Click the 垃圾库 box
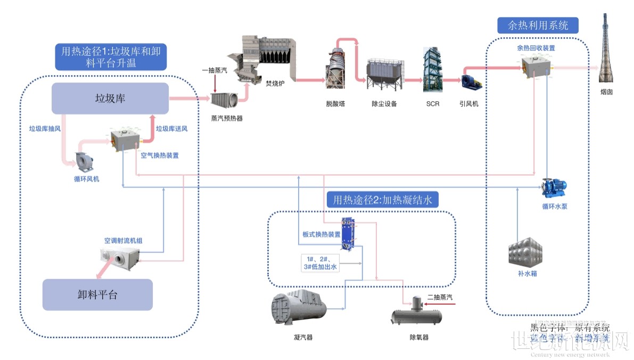(x=110, y=98)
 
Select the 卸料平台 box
(x=97, y=294)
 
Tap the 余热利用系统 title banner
(x=538, y=26)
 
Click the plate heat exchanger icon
(x=349, y=233)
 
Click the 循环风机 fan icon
(x=86, y=159)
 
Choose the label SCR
(x=433, y=104)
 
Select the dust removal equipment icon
(x=384, y=75)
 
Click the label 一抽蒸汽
(x=215, y=70)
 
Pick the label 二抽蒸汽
(x=440, y=297)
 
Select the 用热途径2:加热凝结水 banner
(x=382, y=200)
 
